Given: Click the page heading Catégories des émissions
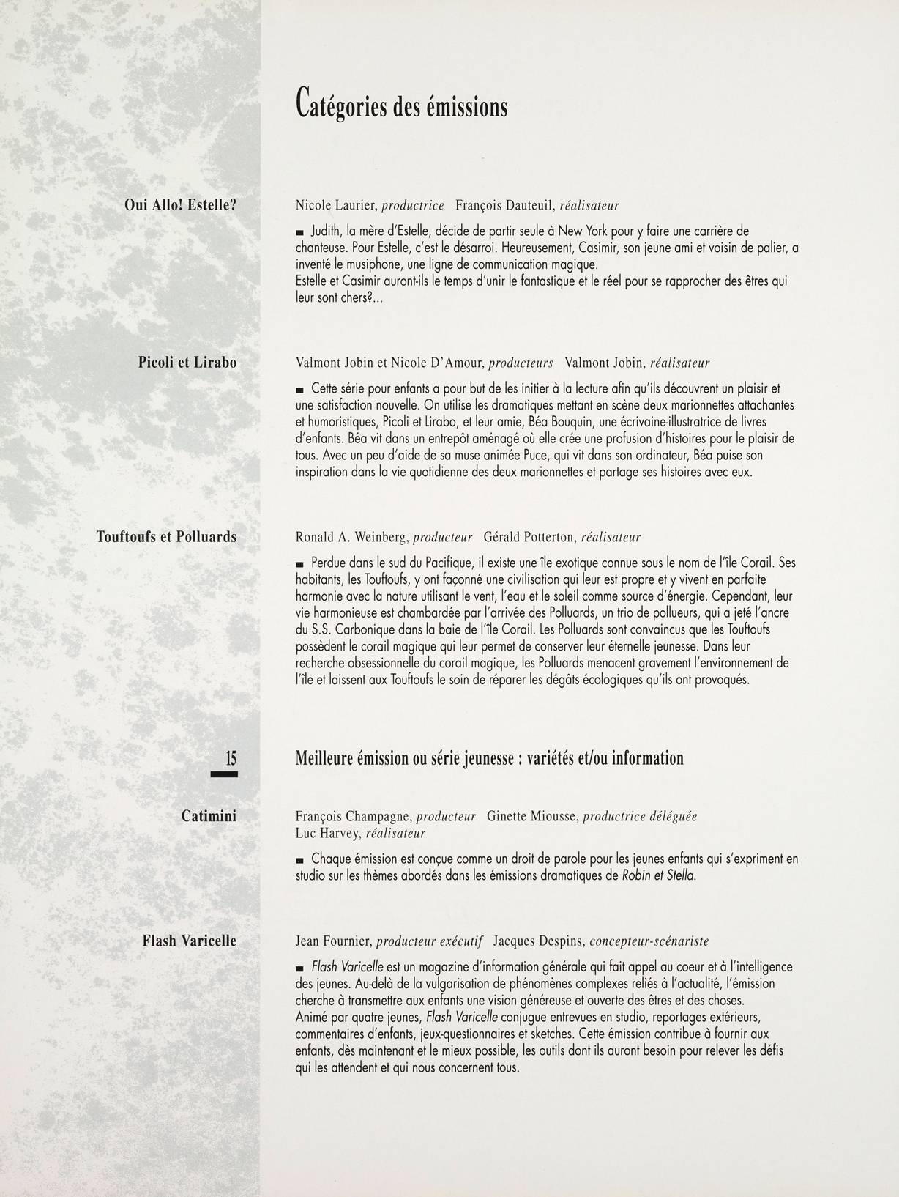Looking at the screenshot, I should [401, 104].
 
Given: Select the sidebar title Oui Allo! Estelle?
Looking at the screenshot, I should [180, 205].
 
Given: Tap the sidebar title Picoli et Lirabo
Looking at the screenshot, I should [187, 362].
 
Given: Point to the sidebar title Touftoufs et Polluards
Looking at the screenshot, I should [166, 536].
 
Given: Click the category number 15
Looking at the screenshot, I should [231, 757].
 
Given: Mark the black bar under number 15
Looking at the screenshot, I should [224, 774].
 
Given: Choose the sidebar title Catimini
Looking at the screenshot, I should [209, 815].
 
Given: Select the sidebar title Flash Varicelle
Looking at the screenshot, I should [189, 941].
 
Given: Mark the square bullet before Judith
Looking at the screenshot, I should [299, 231].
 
